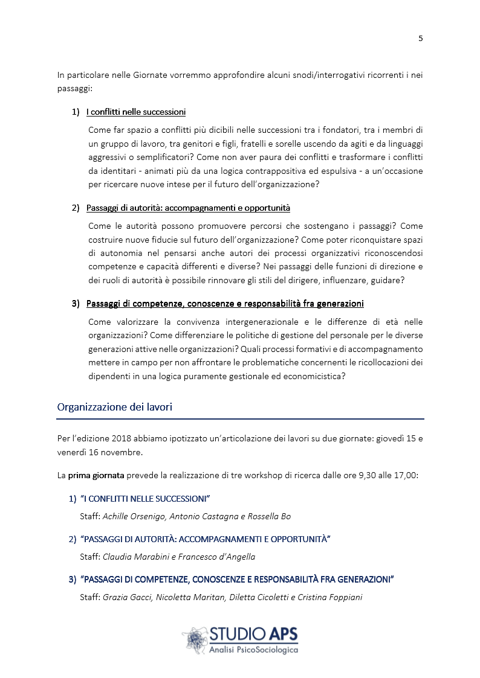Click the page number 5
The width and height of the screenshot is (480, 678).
(x=420, y=39)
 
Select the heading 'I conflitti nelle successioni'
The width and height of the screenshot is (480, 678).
(x=135, y=112)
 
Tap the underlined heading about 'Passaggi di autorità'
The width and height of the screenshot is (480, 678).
(x=188, y=208)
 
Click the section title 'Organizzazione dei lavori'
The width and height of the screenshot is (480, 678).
(x=114, y=407)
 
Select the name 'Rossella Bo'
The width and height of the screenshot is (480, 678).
(x=270, y=516)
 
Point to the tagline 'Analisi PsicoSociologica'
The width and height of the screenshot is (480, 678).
(x=253, y=649)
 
